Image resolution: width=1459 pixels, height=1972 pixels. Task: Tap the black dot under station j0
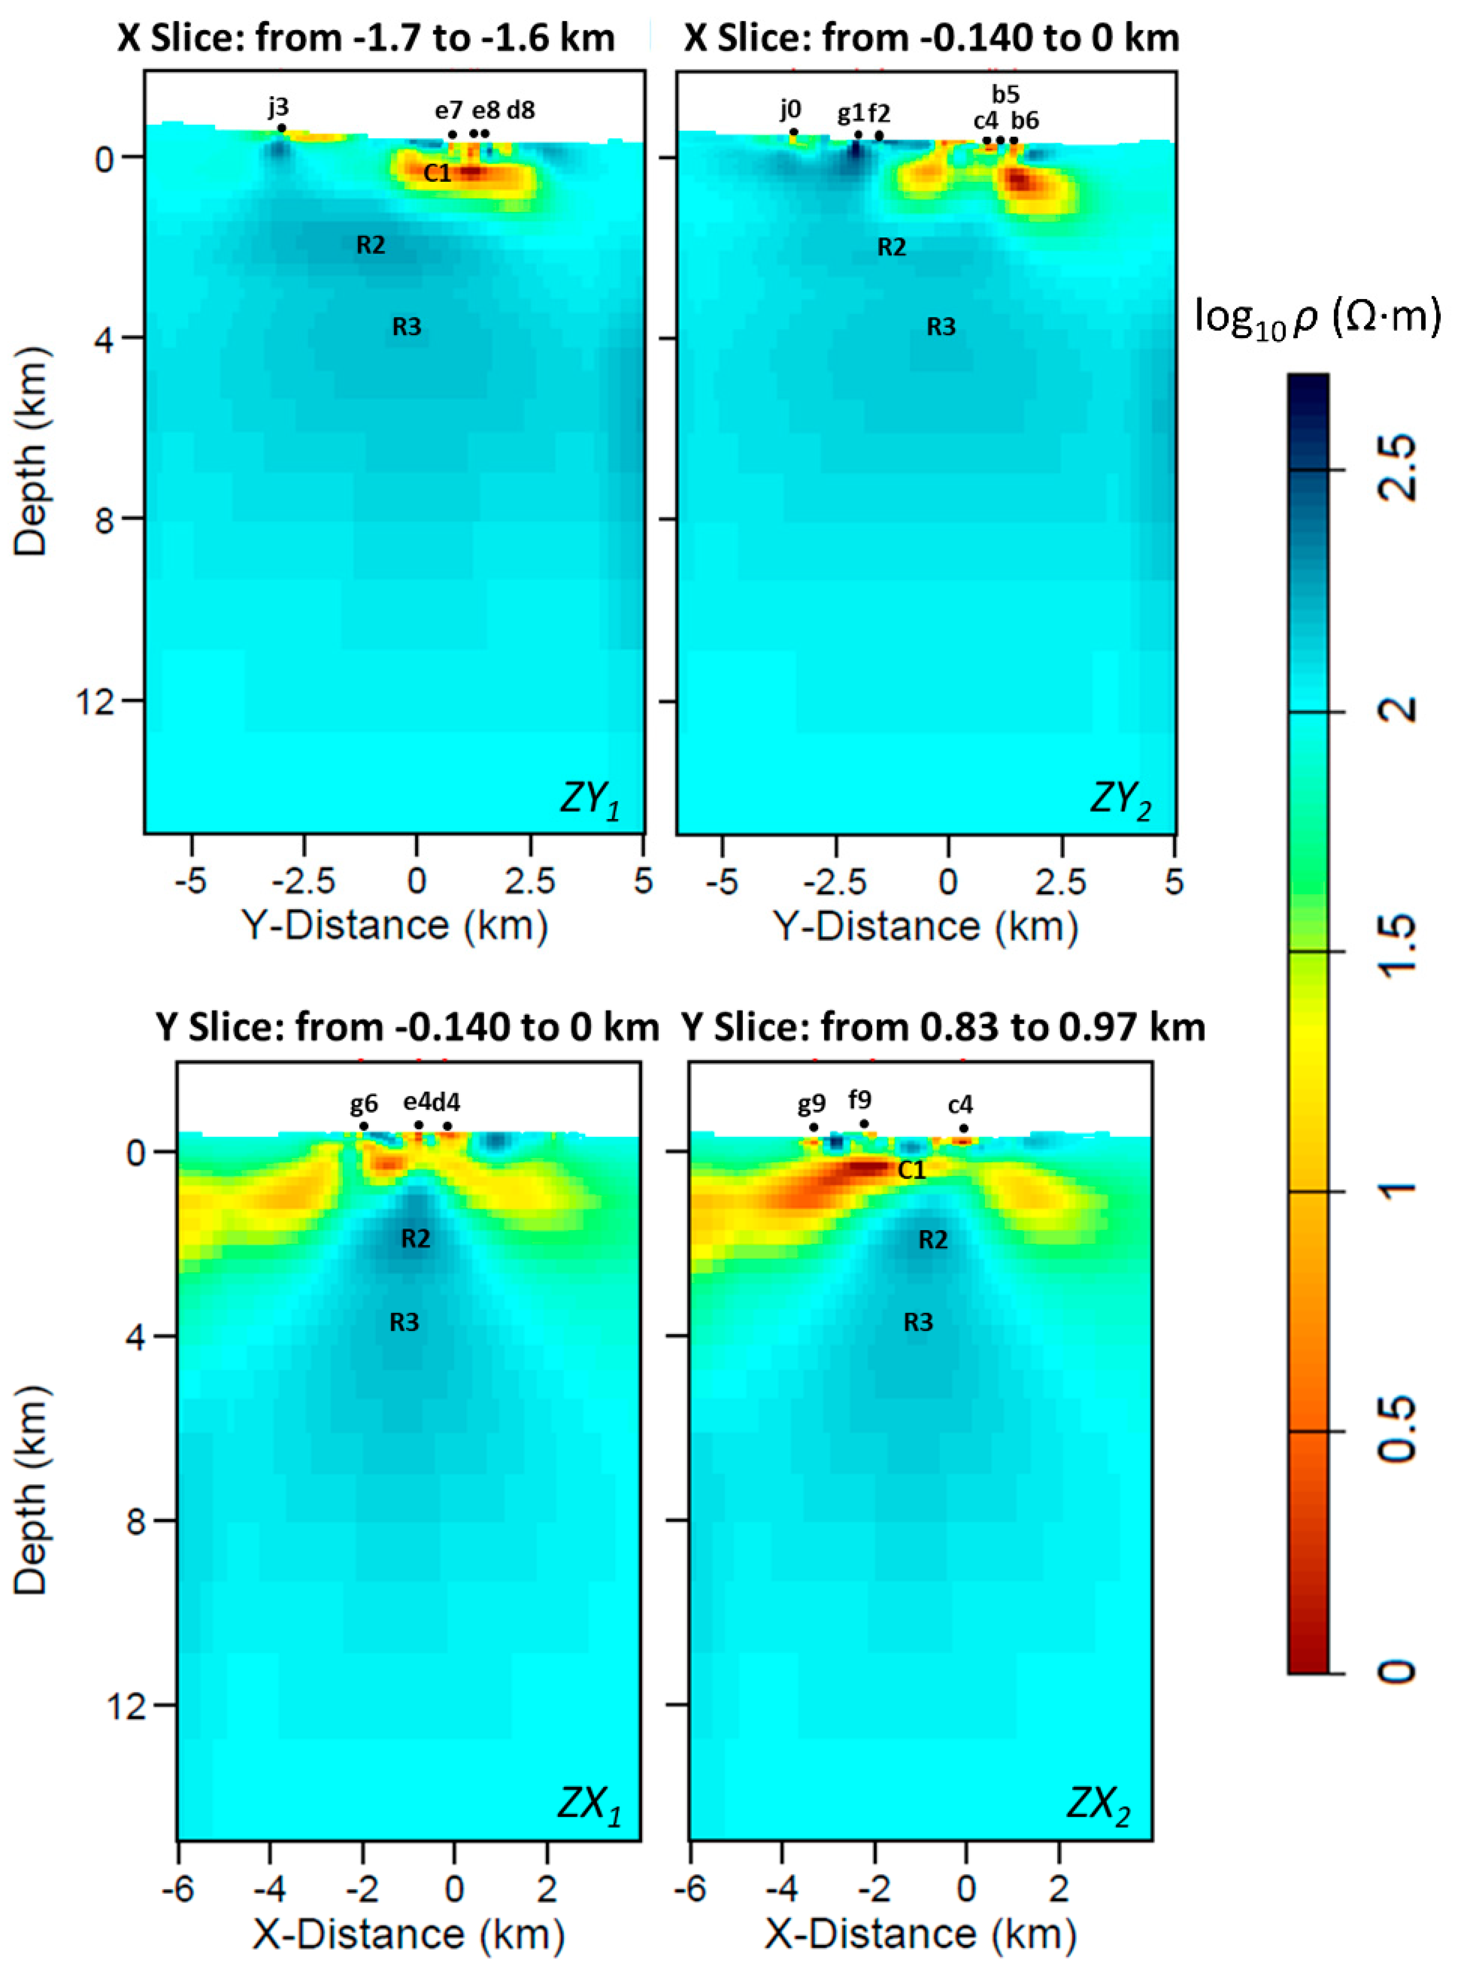(793, 132)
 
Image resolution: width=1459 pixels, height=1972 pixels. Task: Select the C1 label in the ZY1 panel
(437, 173)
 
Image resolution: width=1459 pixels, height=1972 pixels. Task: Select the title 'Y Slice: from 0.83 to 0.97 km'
(943, 1027)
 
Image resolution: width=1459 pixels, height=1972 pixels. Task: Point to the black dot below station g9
(814, 1127)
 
